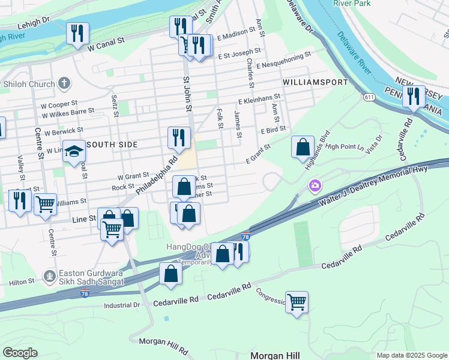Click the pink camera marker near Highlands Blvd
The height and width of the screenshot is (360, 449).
315,187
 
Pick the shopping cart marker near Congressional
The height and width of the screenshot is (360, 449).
297,302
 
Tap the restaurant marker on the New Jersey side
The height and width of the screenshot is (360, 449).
414,97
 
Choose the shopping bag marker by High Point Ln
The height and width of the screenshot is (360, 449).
303,146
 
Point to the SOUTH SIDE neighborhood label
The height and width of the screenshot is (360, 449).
112,145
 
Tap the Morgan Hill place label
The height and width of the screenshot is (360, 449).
275,355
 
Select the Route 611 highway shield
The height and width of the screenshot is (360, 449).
365,96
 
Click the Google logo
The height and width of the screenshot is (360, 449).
20,353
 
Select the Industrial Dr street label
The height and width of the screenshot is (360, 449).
121,305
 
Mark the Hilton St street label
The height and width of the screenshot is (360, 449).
22,281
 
